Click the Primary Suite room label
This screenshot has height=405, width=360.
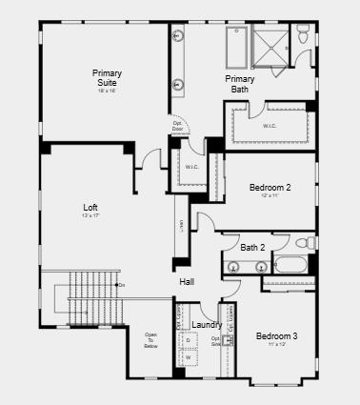click(106, 78)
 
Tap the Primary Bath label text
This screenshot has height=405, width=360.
click(239, 84)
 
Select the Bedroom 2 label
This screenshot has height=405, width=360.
click(270, 188)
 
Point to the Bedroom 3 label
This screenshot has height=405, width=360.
click(276, 336)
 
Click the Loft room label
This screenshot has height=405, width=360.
click(90, 207)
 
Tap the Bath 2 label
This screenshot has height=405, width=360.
click(253, 248)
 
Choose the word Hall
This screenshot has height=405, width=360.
click(188, 281)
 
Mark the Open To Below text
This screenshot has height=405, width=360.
click(150, 340)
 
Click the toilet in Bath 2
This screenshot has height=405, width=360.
click(300, 243)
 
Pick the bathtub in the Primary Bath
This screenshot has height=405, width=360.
click(236, 46)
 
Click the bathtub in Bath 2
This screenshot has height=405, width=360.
click(290, 265)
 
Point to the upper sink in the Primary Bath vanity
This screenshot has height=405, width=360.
click(178, 37)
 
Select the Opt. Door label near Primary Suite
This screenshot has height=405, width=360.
click(177, 126)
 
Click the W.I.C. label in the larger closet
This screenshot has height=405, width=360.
click(270, 125)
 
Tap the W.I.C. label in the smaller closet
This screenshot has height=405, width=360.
click(191, 168)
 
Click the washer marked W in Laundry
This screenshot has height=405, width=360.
click(188, 357)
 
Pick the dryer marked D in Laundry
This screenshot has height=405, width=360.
click(188, 340)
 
